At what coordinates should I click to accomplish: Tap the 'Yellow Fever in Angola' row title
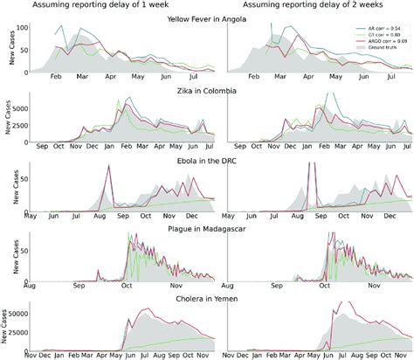click(x=216, y=18)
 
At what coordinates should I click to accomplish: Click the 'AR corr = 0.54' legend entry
click(x=379, y=30)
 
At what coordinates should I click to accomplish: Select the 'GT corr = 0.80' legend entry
click(x=379, y=36)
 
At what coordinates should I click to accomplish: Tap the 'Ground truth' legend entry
click(x=378, y=48)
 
